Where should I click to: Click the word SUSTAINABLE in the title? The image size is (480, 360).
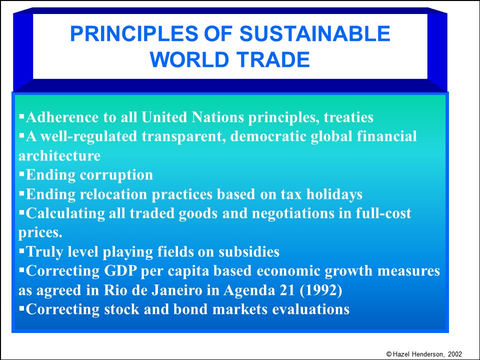coord(314,33)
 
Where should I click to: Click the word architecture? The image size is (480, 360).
coord(59,155)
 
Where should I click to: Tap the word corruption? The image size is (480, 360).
coord(116,175)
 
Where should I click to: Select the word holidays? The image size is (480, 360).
coord(334,194)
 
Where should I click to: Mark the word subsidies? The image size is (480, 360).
coord(249,251)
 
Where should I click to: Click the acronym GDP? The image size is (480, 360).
coord(120,271)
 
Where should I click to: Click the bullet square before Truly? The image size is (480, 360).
coord(21,250)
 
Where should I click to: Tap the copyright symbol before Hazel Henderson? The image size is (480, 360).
coord(389,354)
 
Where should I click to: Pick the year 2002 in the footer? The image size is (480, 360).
coord(455,354)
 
